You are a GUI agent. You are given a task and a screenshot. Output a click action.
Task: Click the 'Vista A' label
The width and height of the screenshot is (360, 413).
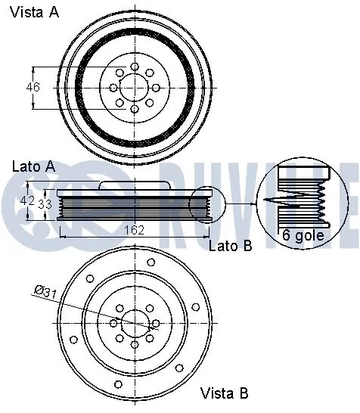(36, 12)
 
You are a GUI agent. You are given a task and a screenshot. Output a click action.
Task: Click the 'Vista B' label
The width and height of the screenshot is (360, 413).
(224, 393)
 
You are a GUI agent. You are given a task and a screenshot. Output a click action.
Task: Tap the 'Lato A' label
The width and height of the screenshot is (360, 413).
(33, 165)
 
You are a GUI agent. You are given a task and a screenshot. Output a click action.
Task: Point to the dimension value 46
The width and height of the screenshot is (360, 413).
(33, 87)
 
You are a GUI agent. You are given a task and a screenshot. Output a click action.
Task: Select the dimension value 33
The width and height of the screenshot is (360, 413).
(45, 203)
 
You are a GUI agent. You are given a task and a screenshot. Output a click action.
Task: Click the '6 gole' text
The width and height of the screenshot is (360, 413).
(303, 235)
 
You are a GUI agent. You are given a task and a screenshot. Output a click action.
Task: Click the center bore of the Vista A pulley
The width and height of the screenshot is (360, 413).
(135, 87)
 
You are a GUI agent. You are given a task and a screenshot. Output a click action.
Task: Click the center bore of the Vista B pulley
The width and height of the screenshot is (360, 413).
(135, 323)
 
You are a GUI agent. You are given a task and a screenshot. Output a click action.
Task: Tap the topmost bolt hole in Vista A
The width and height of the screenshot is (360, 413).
(135, 64)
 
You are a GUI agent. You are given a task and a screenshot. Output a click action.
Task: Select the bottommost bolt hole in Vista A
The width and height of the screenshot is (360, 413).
(135, 110)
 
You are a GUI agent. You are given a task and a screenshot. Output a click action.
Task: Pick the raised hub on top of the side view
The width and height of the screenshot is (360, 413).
(135, 186)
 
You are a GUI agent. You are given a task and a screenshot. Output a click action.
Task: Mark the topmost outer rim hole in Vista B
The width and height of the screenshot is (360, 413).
(151, 262)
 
